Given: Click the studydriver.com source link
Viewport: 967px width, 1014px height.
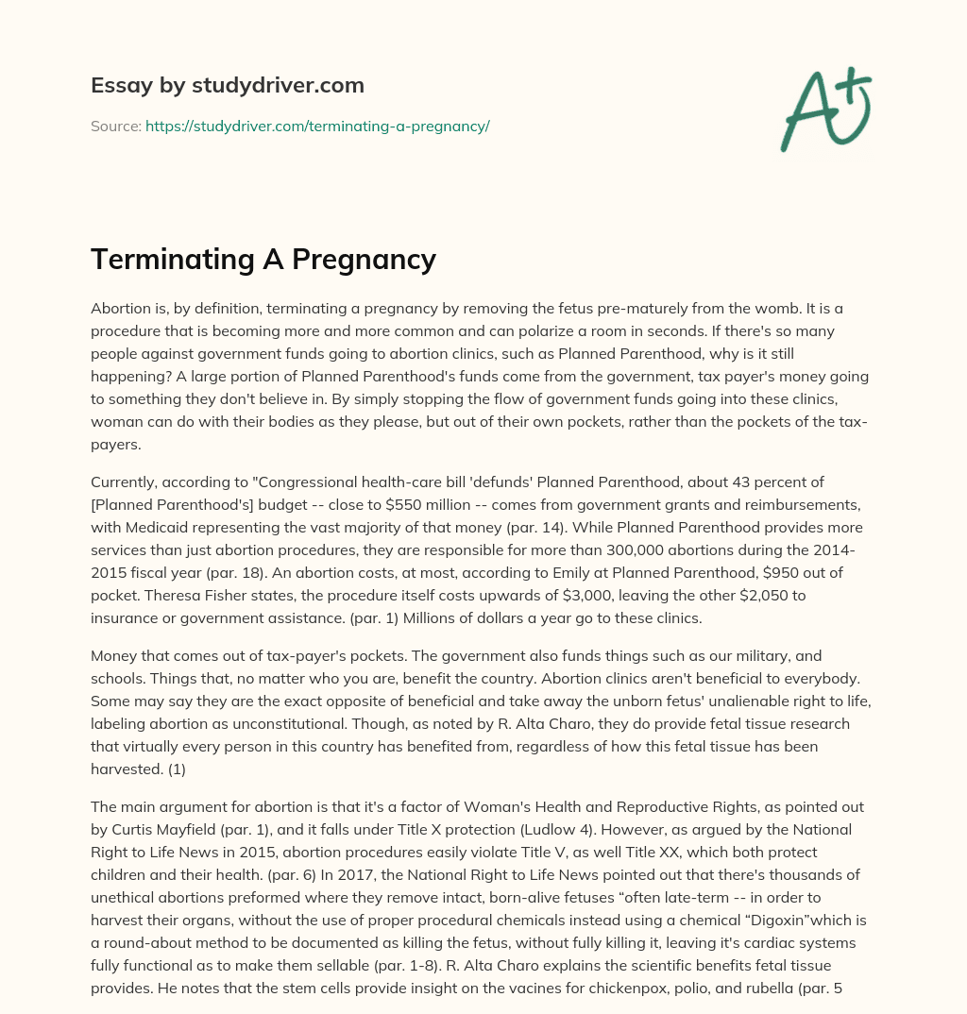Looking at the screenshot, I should (317, 126).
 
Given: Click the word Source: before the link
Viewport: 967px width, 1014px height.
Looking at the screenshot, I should (115, 126).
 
